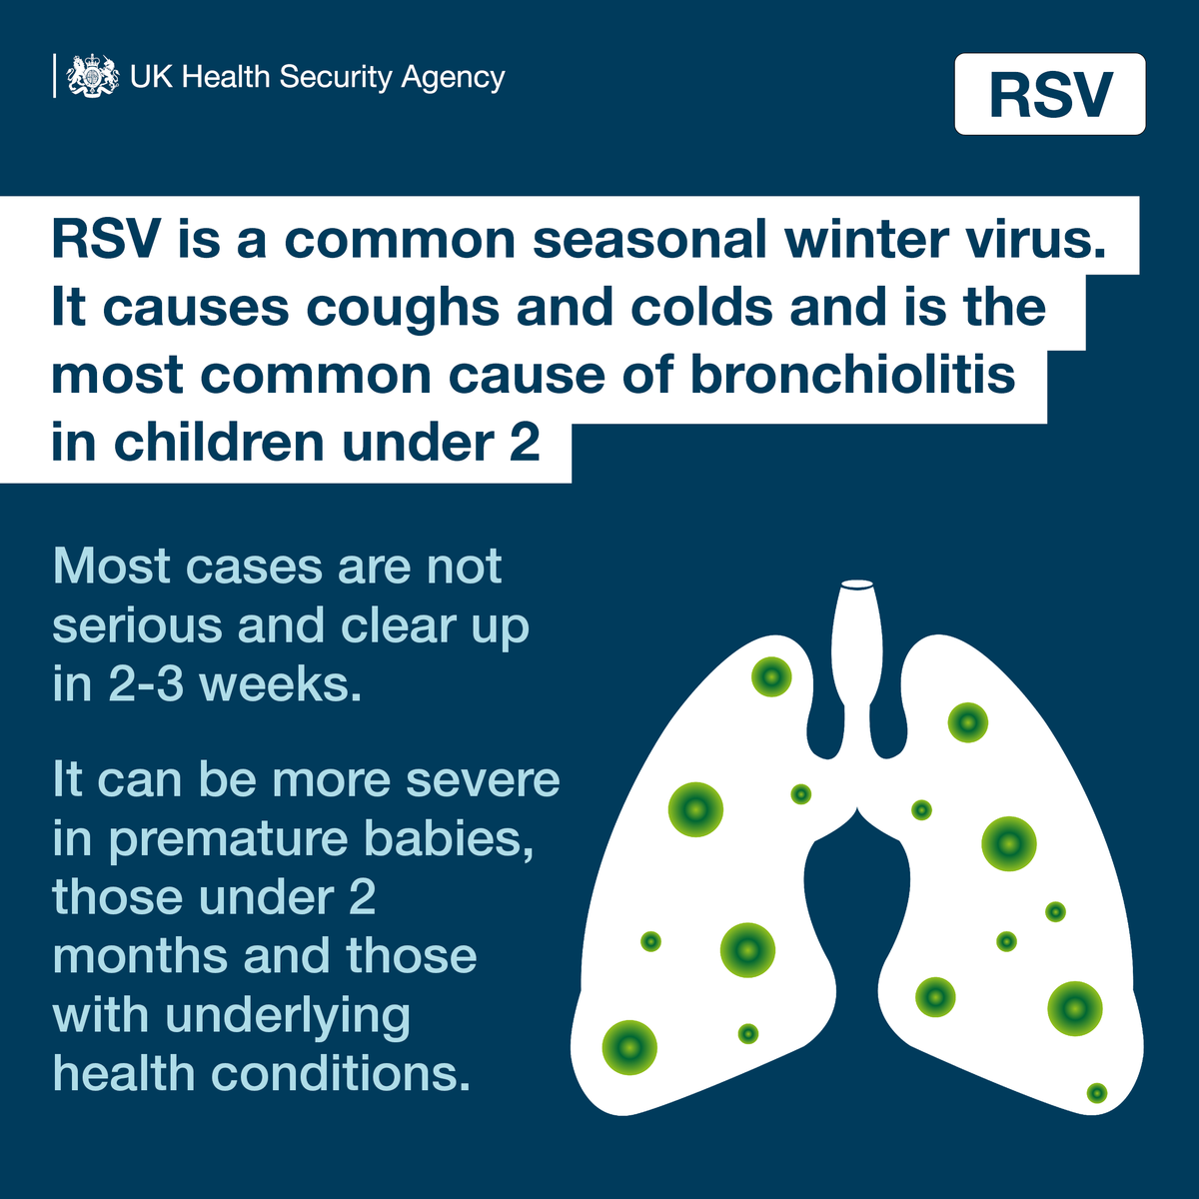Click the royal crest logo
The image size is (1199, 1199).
(93, 77)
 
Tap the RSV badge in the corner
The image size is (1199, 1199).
(1049, 95)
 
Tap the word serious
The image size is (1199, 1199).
(137, 626)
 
